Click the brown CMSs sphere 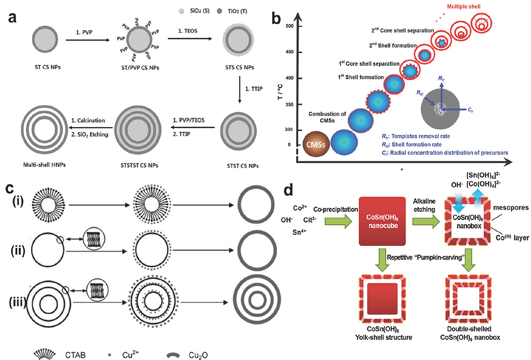tap(316, 144)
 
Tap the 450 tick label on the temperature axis tap(289, 52)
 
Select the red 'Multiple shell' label tap(463, 7)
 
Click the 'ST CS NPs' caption tap(48, 67)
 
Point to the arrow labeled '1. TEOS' tap(190, 38)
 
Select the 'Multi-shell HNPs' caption tap(44, 165)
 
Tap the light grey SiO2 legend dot tap(181, 11)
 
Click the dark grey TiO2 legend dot tap(219, 11)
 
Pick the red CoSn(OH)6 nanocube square tap(382, 221)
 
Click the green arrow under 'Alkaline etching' tap(426, 222)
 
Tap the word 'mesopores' tap(511, 208)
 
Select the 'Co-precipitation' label tap(336, 210)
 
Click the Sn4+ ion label tap(299, 232)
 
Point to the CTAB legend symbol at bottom tap(45, 354)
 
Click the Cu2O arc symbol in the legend tap(173, 355)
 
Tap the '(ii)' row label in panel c tap(18, 250)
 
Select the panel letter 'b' tap(276, 19)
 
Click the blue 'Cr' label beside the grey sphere tap(470, 110)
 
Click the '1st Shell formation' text tap(361, 77)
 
